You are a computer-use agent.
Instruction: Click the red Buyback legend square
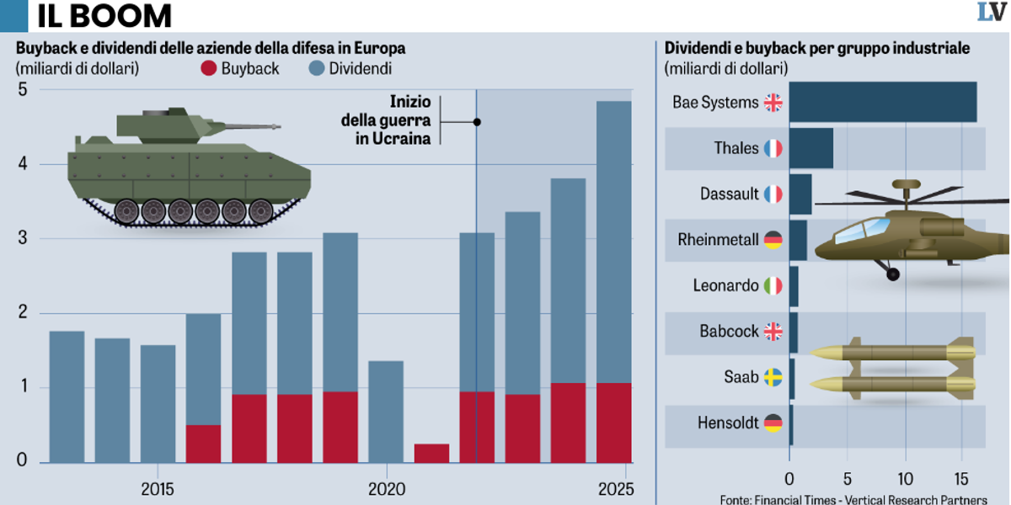click(x=208, y=69)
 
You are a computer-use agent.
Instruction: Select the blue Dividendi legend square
click(x=316, y=69)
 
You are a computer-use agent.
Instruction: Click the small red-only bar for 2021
click(x=431, y=453)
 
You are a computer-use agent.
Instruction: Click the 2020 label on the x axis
click(x=386, y=488)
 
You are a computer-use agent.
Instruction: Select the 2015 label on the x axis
click(x=158, y=488)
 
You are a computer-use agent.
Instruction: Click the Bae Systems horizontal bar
click(x=883, y=103)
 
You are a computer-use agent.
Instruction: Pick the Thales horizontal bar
click(x=810, y=149)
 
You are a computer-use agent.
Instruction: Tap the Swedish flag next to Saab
click(x=773, y=377)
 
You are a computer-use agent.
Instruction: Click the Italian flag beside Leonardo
click(x=773, y=286)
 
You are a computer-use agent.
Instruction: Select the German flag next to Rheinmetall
click(x=773, y=241)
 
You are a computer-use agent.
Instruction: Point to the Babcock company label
click(x=729, y=332)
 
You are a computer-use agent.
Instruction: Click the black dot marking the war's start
click(x=477, y=122)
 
